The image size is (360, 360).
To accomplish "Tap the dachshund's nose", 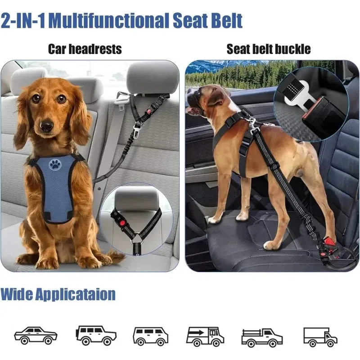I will point(46,126).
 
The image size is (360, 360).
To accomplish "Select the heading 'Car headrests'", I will point(85,49).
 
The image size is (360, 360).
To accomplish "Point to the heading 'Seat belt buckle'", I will point(269,49).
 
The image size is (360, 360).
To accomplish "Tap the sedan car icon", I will point(36,335).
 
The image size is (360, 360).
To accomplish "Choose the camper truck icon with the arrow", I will point(205,336).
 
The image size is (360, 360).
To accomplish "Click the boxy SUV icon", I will point(96,335).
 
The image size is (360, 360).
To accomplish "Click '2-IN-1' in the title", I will point(23,21).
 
